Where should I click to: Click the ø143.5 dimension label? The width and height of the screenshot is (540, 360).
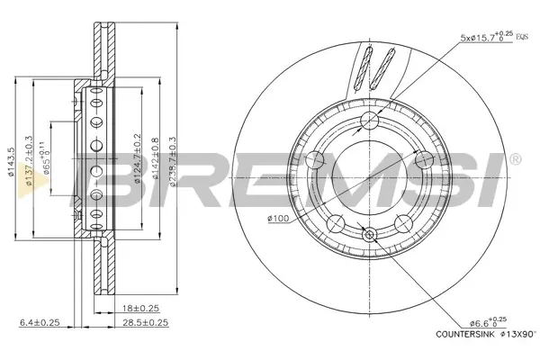(x=12, y=162)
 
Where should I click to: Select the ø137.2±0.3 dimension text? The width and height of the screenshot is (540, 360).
(x=29, y=160)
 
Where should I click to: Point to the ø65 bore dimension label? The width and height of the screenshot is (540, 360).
(x=45, y=157)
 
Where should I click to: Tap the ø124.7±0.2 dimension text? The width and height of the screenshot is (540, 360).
(x=138, y=158)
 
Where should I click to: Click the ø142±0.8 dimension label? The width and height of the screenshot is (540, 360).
(x=155, y=158)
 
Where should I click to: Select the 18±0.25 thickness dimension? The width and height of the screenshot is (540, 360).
(x=141, y=308)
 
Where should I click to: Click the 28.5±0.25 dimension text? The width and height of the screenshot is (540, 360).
(x=145, y=322)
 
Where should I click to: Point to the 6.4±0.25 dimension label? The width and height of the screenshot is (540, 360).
(x=40, y=322)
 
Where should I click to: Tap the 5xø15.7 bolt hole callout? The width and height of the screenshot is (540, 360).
(x=487, y=37)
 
